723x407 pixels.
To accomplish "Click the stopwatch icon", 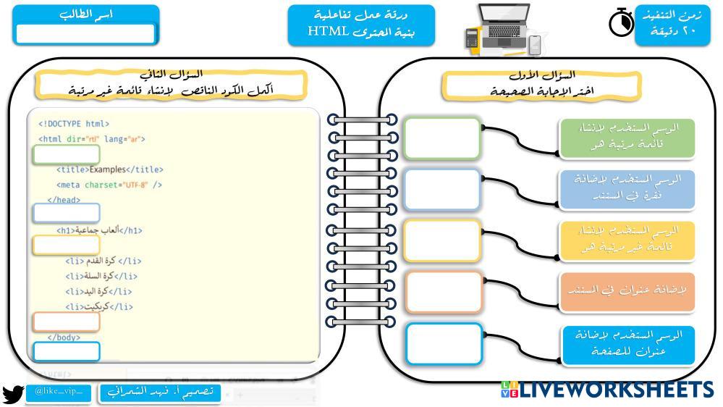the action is (621, 23).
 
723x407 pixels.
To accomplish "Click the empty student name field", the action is (85, 34).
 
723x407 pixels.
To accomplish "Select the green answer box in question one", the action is (442, 138).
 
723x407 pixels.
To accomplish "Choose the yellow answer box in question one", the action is (442, 240).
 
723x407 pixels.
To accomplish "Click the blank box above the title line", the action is (66, 155).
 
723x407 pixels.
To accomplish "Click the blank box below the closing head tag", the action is (66, 213).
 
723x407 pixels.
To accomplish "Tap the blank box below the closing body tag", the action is (66, 351).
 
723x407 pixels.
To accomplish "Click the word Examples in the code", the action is (107, 169).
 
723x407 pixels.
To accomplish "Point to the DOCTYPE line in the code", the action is (74, 124).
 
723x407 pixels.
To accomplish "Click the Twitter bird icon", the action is (12, 394).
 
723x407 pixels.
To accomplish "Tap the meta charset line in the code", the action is (109, 185).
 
